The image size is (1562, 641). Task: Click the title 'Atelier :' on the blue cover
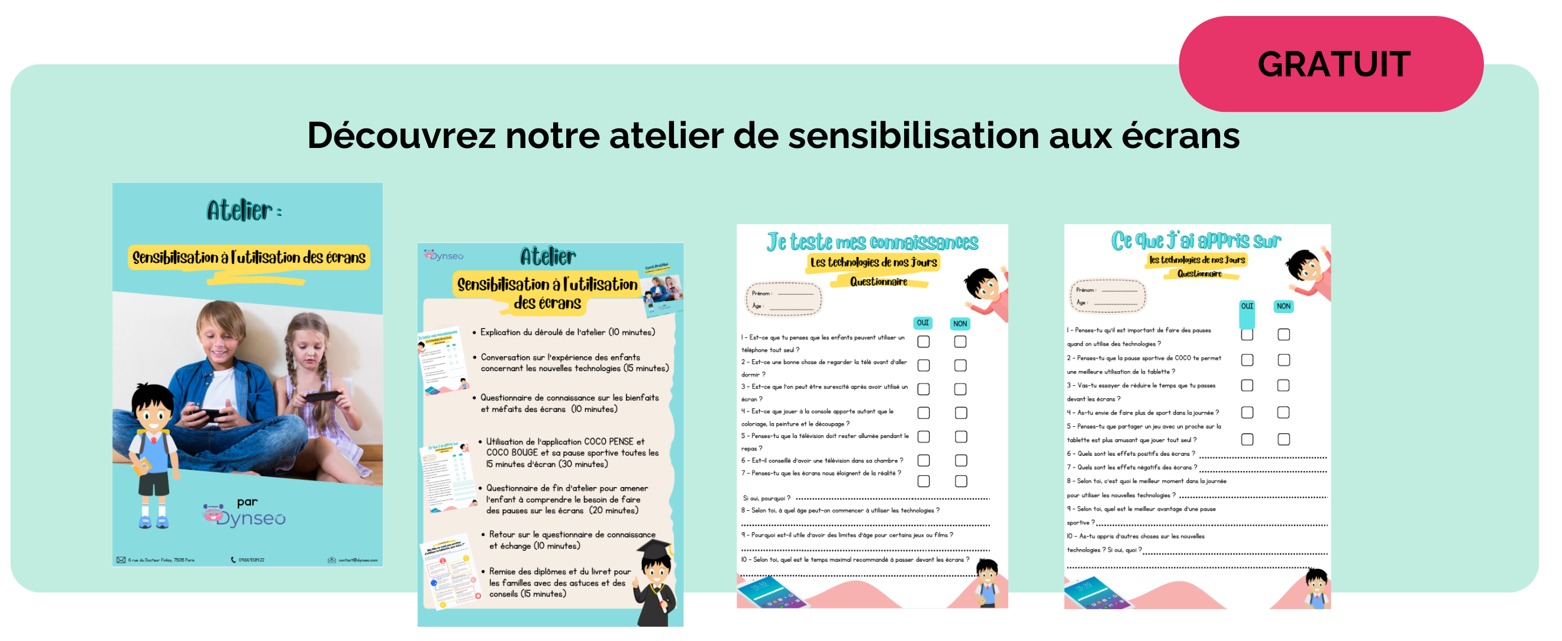point(244,211)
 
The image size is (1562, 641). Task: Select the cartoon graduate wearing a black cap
point(655,583)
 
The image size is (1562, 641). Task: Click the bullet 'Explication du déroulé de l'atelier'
point(567,332)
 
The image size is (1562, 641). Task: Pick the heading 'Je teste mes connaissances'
point(872,242)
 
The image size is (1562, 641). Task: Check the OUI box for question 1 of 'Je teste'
point(923,342)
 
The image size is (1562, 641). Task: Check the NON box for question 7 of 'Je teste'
point(960,481)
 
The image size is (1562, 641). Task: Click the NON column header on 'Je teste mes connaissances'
point(959,324)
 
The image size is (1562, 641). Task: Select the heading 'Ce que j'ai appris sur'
point(1195,241)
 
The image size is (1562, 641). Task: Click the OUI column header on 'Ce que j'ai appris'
point(1247,306)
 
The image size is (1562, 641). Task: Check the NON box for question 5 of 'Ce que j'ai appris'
point(1283,439)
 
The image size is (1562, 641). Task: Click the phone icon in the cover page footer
point(234,560)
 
